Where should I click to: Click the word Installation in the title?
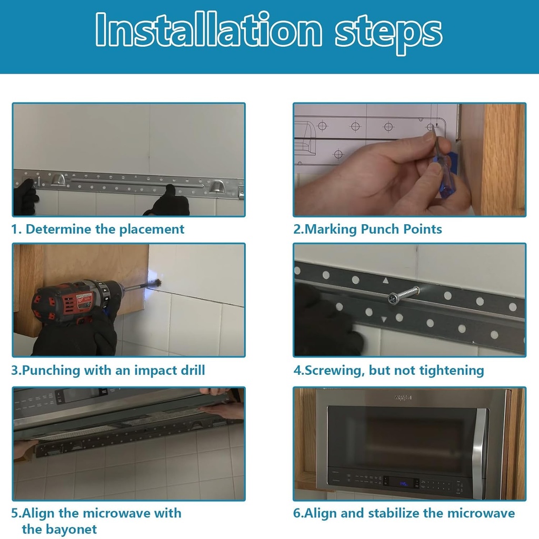point(208,29)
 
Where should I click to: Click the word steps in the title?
point(389,34)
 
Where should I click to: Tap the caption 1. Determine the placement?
point(97,229)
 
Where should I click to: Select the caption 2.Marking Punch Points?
point(367,229)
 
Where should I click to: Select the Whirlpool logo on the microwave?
point(403,398)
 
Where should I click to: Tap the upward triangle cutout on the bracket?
point(386,281)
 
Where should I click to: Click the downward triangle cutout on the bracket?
point(384,320)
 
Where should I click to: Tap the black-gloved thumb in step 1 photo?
point(170,191)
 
